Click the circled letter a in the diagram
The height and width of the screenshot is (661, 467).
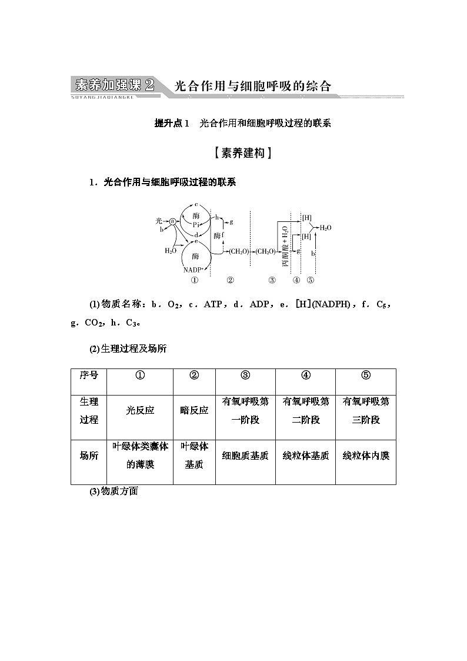173,221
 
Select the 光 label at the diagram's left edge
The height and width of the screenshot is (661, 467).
159,221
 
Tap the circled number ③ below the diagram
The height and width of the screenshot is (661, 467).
272,280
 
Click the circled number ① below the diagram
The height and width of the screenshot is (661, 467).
195,280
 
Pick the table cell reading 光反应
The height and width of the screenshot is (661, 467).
140,411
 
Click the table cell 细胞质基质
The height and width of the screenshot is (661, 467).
245,456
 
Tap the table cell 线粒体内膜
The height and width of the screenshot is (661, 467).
366,456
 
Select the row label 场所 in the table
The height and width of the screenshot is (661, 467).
89,456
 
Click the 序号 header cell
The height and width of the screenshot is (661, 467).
89,376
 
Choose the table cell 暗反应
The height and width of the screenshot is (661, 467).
194,411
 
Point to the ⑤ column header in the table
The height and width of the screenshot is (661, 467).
366,376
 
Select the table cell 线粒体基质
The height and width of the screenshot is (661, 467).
306,456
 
